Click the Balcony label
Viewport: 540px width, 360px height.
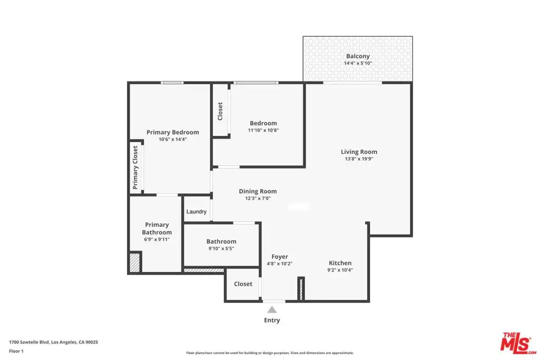[x=358, y=56]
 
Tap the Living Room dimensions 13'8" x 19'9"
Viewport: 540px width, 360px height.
[x=359, y=159]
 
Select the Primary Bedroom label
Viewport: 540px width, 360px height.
[x=172, y=132]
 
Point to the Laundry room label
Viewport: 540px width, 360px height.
[x=196, y=212]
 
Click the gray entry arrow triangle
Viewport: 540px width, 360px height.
[x=272, y=310]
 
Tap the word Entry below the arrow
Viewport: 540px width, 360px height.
[x=272, y=320]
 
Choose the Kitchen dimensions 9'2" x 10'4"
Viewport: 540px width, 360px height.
[x=340, y=270]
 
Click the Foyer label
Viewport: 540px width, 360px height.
[x=279, y=257]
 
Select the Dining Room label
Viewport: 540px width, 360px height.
[x=257, y=191]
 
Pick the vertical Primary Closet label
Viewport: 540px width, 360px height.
[x=135, y=167]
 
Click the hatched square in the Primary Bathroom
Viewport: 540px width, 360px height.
[x=134, y=262]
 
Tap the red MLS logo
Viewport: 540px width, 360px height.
[x=518, y=343]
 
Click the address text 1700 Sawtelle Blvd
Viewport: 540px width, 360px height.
[x=30, y=342]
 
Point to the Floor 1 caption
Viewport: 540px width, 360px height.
[x=16, y=351]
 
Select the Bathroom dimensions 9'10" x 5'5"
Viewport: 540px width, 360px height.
[x=221, y=248]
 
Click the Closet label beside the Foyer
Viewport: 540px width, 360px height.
[x=243, y=284]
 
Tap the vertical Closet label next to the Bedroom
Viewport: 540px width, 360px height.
[x=220, y=111]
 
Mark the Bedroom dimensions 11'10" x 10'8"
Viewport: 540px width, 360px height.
[x=263, y=130]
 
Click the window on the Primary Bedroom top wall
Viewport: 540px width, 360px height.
[x=172, y=83]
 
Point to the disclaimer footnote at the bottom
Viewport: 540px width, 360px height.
[x=269, y=353]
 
